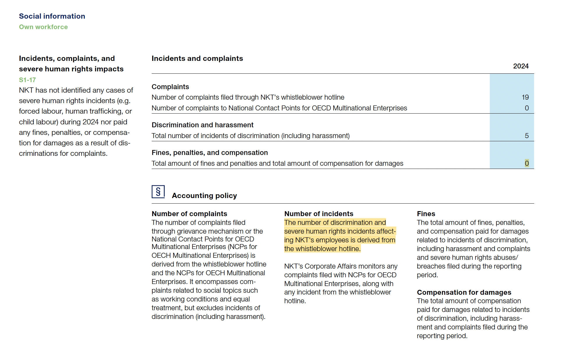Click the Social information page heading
[x=52, y=16]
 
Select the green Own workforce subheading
[x=43, y=27]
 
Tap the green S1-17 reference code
[x=27, y=80]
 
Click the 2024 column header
[x=521, y=66]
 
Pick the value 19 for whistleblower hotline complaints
[x=525, y=97]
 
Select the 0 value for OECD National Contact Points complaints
[x=527, y=108]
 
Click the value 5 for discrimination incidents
[x=527, y=136]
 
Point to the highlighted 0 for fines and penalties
[x=527, y=163]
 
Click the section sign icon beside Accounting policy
[x=158, y=192]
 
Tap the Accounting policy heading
[x=204, y=196]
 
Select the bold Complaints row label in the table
[x=170, y=87]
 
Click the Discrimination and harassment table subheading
[x=202, y=125]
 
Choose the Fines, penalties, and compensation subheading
[x=210, y=153]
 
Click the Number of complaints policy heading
[x=189, y=214]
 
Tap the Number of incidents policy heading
[x=318, y=214]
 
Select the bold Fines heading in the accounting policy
[x=426, y=214]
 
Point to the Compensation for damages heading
[x=464, y=292]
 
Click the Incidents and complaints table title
[x=197, y=59]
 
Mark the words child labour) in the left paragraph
[x=38, y=122]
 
